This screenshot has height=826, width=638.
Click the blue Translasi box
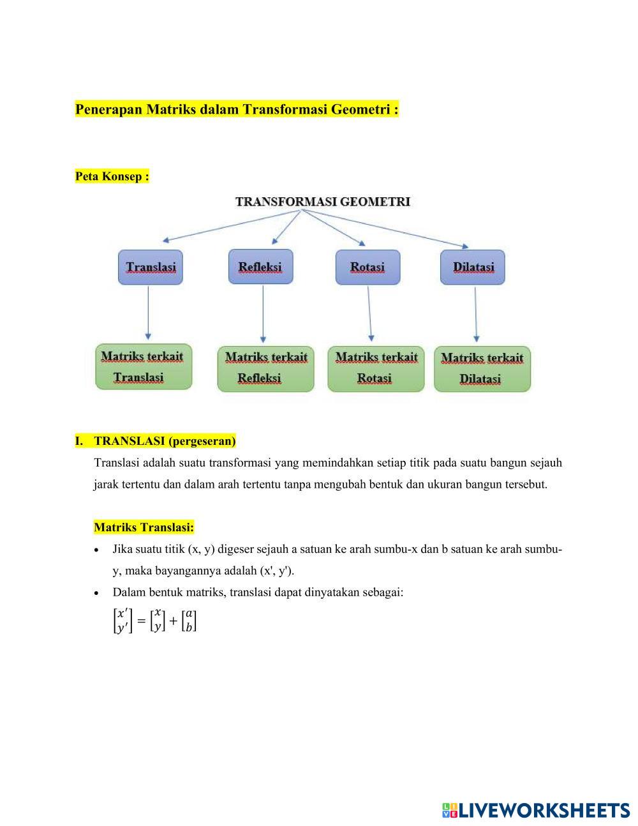(151, 267)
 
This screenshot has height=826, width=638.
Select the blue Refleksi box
(260, 267)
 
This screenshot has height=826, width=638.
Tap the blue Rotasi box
(367, 267)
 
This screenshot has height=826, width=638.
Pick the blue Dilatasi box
(473, 267)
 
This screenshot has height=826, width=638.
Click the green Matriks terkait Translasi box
(143, 366)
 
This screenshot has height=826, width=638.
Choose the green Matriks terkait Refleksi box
(265, 368)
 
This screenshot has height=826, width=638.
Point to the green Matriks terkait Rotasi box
(376, 368)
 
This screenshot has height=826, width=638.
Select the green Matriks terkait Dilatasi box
(482, 369)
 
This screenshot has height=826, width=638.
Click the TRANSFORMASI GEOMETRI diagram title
(323, 202)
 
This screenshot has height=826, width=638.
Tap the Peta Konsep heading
(112, 176)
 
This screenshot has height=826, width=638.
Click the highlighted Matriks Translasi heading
(144, 527)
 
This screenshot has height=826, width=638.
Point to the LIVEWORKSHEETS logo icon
(449, 810)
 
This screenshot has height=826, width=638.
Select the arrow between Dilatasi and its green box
(476, 314)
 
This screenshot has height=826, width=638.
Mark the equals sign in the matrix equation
(141, 620)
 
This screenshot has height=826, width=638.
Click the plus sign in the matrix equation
(173, 620)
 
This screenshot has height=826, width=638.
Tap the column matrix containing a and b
(189, 620)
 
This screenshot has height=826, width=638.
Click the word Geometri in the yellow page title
(360, 109)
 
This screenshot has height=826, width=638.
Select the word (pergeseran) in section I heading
(202, 441)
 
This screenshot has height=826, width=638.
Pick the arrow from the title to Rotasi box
(333, 227)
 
